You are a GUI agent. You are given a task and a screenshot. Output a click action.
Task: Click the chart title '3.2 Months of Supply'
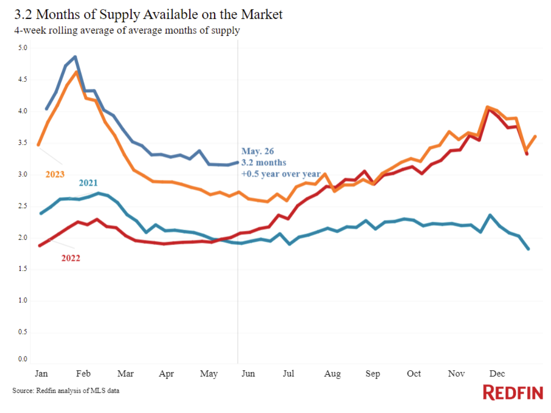pos(148,15)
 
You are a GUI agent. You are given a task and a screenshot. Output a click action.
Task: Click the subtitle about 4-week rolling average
pos(127,31)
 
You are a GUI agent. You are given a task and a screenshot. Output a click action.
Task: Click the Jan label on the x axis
pos(41,374)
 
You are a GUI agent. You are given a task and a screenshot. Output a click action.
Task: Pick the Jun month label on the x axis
pos(248,374)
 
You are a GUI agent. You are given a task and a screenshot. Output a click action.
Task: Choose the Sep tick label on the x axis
pos(373,374)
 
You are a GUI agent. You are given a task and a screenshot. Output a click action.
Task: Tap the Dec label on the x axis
pos(497,374)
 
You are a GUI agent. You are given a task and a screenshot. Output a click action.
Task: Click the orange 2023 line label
pos(55,174)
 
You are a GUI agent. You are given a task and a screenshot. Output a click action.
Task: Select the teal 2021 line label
pos(88,183)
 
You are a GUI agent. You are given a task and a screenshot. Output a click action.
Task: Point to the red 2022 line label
pos(71,258)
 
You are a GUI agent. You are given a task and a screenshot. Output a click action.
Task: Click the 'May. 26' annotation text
pos(257,152)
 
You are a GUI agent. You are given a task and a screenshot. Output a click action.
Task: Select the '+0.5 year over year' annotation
pos(281,174)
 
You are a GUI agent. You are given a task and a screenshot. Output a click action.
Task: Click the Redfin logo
pos(513,392)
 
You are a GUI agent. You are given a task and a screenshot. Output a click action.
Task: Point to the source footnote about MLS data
pos(66,391)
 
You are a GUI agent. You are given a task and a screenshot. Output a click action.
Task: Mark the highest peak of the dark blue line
pos(75,57)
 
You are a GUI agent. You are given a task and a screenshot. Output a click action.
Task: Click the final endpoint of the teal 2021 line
pos(528,249)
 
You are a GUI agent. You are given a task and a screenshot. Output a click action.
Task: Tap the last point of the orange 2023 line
pos(535,137)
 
